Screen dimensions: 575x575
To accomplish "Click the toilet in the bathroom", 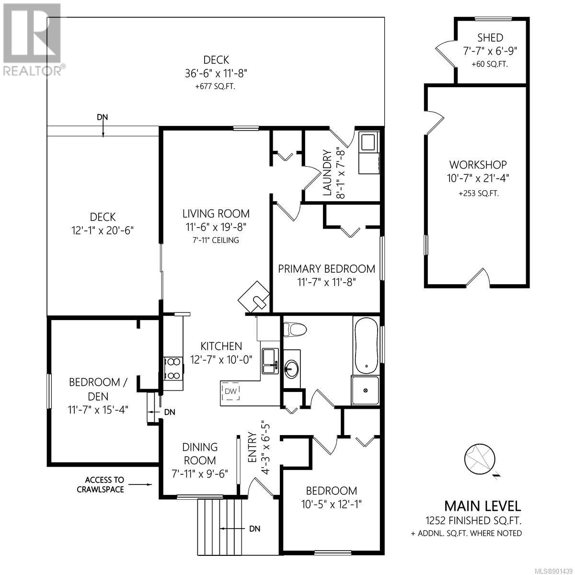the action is click(x=295, y=330).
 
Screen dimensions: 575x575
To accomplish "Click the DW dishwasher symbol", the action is click(x=230, y=391).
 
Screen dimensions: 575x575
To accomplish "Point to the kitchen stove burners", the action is click(x=173, y=369).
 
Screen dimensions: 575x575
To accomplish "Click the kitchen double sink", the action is click(x=270, y=361).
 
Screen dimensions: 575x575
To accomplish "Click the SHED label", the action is click(x=490, y=38).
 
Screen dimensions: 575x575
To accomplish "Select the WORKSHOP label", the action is click(x=478, y=165).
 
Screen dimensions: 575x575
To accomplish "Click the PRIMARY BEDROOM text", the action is click(x=326, y=269).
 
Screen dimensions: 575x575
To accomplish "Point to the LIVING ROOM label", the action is click(x=216, y=214).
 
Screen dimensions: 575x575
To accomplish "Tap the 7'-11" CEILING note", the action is click(x=216, y=240).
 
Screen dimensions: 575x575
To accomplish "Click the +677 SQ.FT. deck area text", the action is click(x=215, y=87).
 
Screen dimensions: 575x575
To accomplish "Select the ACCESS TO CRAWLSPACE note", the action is click(x=101, y=484).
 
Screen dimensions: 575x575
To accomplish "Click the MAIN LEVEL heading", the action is click(x=483, y=506).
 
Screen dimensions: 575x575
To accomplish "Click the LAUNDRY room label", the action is click(x=327, y=173).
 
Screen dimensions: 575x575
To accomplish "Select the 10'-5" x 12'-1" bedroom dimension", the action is click(x=332, y=504).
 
